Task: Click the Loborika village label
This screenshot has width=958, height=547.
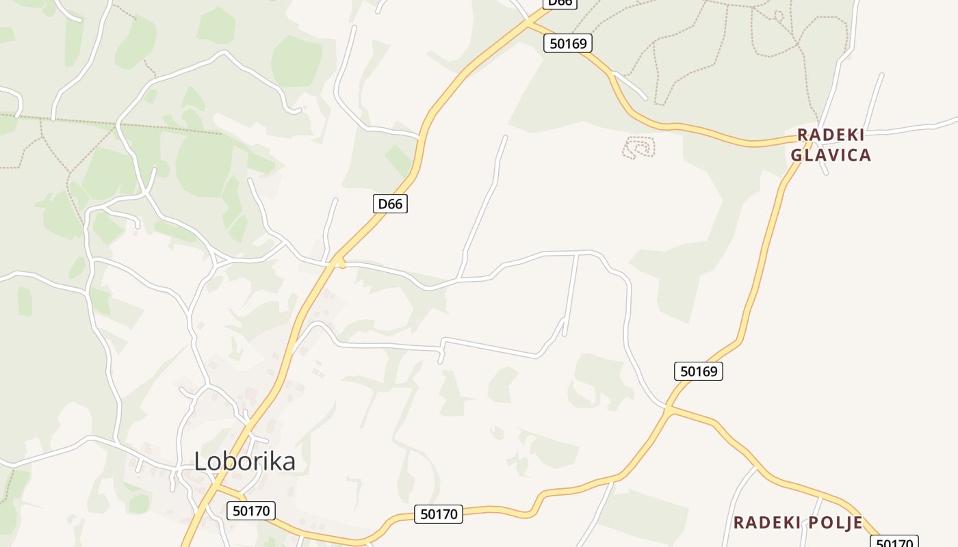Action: click(244, 461)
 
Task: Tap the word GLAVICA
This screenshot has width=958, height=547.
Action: click(831, 155)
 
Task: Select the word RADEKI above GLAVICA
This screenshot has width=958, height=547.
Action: click(831, 134)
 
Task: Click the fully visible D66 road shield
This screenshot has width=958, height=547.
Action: click(391, 203)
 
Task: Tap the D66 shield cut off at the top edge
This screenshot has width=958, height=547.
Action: click(560, 3)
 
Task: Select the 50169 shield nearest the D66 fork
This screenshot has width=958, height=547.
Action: click(568, 43)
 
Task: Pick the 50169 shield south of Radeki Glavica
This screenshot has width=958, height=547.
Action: click(699, 371)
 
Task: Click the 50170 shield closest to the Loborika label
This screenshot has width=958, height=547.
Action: click(250, 510)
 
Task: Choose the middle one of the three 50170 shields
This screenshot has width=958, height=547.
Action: click(439, 513)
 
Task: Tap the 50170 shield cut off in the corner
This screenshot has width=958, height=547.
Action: click(894, 542)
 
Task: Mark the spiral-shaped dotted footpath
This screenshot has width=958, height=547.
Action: click(639, 147)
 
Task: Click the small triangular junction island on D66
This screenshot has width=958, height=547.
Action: click(337, 261)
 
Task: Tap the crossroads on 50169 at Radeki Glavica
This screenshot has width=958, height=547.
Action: click(810, 141)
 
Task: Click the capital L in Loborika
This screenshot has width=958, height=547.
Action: click(200, 461)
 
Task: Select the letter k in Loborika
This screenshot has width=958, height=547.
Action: click(270, 461)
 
